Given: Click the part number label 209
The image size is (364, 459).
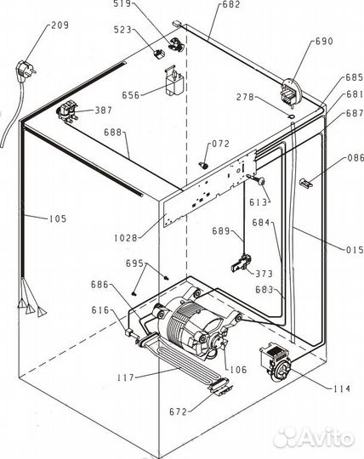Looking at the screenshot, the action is tap(60, 25).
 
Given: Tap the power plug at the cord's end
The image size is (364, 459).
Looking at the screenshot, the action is tap(25, 70).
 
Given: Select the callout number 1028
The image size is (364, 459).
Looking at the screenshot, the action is tap(126, 238).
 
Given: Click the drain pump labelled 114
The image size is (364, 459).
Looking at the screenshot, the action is tap(276, 362).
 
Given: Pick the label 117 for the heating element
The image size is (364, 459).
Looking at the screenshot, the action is tap(126, 377).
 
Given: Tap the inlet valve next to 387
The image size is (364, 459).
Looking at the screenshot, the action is tap(67, 110).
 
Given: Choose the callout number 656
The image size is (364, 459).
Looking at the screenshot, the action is tap(131, 95).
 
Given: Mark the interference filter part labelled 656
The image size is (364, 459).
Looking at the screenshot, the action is tap(174, 81).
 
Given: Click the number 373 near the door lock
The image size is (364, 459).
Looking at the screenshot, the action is tap(264, 274).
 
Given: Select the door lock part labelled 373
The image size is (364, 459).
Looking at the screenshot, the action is tap(242, 263).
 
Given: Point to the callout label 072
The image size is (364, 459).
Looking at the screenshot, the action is tap(220, 144).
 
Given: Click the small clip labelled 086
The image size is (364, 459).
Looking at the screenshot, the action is tap(305, 184).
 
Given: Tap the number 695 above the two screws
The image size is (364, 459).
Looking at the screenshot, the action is tap(134, 263).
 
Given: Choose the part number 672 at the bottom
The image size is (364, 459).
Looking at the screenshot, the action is tap(178, 412).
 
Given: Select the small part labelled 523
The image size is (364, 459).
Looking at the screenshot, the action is tap(159, 54).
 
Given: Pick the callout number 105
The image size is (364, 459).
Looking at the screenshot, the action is tap(57, 218).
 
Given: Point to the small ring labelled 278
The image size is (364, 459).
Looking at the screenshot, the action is tap(291, 116).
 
